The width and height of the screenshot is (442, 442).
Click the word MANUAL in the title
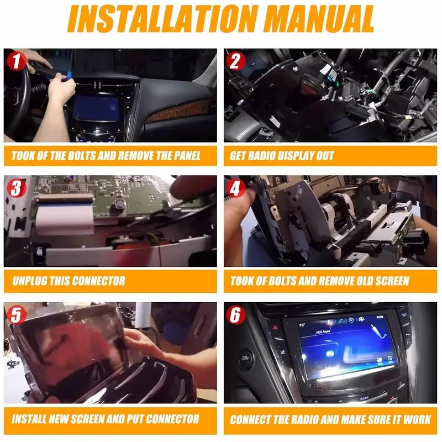click(319, 19)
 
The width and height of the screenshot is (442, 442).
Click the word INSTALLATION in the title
click(162, 19)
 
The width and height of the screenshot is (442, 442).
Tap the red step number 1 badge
click(16, 61)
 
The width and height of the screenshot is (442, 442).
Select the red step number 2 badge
click(236, 61)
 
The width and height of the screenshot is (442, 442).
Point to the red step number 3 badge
click(17, 188)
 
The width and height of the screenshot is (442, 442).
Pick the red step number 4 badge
click(236, 188)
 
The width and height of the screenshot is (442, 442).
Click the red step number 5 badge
click(17, 315)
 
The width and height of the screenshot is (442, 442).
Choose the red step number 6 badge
click(236, 315)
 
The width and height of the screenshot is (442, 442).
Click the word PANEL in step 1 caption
click(187, 156)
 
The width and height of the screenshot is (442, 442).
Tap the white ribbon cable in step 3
click(65, 217)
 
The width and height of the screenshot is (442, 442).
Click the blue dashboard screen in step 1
click(96, 108)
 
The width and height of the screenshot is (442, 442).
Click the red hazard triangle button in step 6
click(275, 327)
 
